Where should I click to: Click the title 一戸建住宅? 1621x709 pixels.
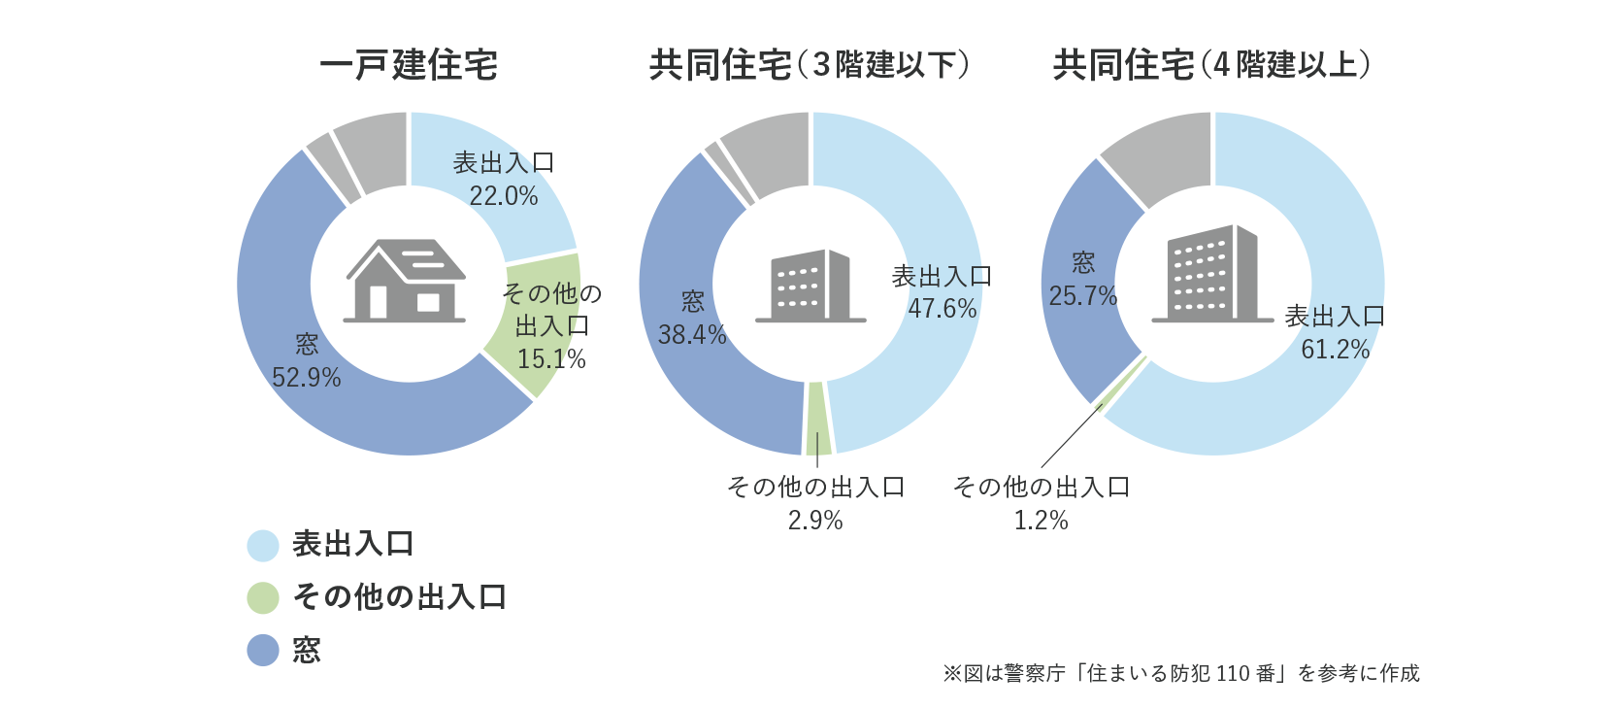(x=408, y=65)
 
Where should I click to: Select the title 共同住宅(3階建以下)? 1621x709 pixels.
(x=809, y=65)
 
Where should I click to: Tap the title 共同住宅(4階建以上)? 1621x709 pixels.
(x=1211, y=65)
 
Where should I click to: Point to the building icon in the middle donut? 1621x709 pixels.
(x=810, y=286)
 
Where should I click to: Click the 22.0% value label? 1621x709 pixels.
(x=503, y=196)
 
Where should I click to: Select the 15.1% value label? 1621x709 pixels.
(x=551, y=359)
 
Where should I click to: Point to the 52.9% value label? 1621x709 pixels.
(x=307, y=378)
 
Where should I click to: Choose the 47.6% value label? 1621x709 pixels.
(x=942, y=309)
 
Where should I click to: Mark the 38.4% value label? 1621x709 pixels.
(x=692, y=335)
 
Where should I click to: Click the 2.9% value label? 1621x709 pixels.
(x=815, y=521)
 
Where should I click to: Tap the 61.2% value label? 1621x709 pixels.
(x=1335, y=350)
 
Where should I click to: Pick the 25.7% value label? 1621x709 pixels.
(x=1083, y=296)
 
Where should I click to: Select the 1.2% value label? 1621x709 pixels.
(x=1041, y=521)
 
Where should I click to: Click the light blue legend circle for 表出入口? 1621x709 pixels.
(x=263, y=545)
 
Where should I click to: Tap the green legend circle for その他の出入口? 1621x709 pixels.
(x=263, y=597)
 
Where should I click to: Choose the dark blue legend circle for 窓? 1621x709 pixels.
(x=263, y=650)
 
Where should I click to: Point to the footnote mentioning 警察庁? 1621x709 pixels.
(x=1180, y=673)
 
